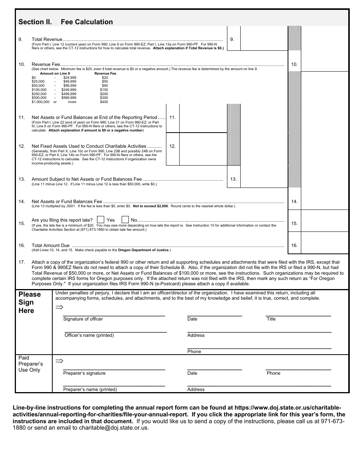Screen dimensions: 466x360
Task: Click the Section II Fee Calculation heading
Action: (x=66, y=22)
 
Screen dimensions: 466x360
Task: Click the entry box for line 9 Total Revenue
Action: (x=264, y=39)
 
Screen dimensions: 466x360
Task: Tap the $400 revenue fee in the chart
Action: (x=104, y=102)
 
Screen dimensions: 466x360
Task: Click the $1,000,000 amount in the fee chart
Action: (x=41, y=102)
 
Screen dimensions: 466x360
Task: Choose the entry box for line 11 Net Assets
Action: (x=203, y=118)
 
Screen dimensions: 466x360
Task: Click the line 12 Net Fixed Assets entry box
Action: (x=203, y=149)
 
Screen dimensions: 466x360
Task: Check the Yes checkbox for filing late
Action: (x=101, y=220)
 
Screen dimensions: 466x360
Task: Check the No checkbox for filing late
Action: (x=125, y=220)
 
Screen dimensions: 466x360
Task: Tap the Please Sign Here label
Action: (x=30, y=302)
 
